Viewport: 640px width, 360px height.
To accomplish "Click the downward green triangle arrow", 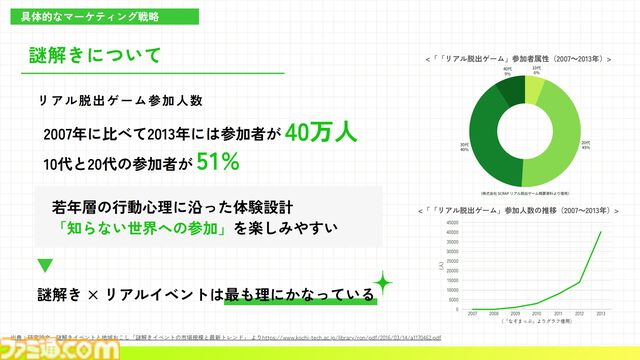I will point(44,266).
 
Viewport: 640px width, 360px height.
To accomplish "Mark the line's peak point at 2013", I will point(601,232).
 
